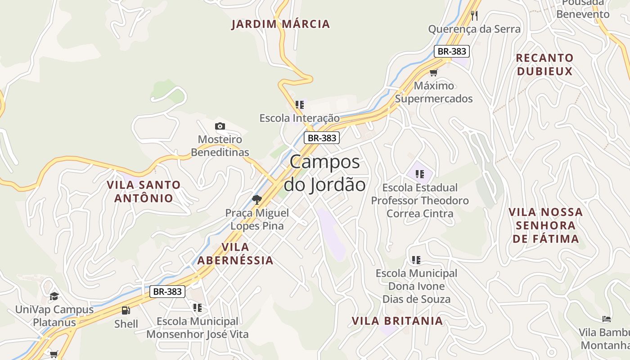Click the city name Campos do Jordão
324,173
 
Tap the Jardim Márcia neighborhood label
281,24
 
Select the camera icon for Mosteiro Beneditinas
220,126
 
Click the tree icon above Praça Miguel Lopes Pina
257,199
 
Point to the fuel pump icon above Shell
126,310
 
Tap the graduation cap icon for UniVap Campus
54,296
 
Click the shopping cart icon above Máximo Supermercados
433,72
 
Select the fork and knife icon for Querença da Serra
474,16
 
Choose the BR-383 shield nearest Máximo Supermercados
452,51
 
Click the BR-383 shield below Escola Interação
321,138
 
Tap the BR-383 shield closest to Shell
167,292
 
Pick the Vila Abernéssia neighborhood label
235,253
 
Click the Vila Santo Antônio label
144,191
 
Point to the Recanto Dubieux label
544,64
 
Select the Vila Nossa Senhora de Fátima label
545,225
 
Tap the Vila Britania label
397,321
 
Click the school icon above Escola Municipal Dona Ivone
416,260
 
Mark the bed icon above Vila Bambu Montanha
607,319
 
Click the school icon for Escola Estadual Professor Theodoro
420,174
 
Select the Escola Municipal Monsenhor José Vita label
197,328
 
